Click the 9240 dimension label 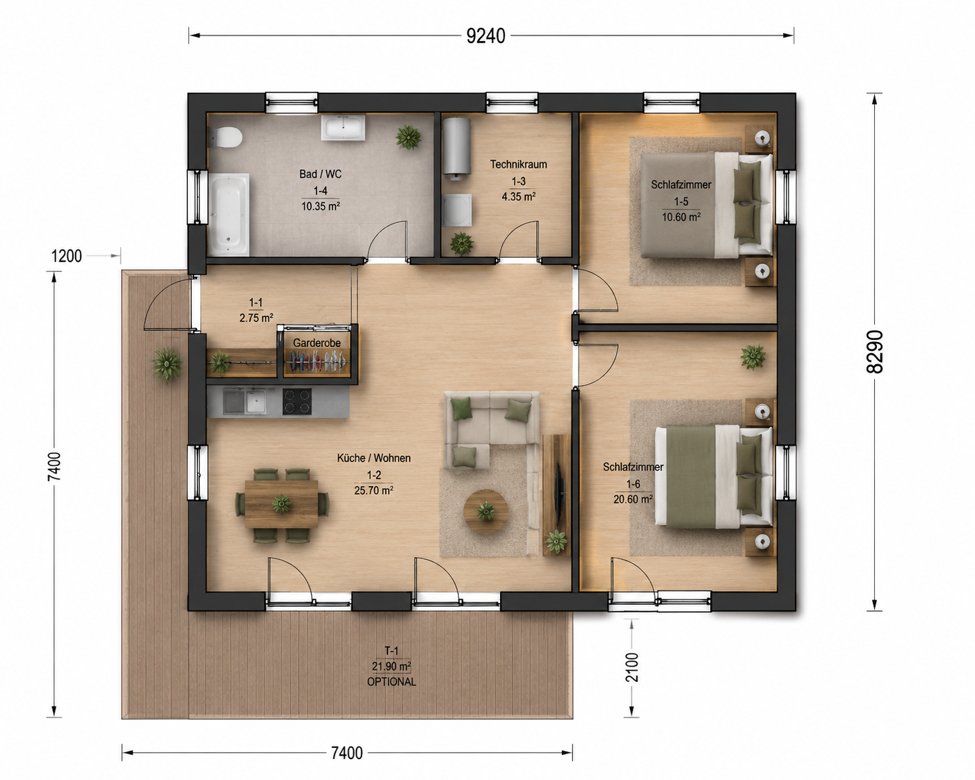[485, 36]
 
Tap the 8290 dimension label [875, 352]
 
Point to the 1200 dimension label [67, 257]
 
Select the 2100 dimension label [631, 667]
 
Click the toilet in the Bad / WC [225, 137]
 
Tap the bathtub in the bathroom [229, 214]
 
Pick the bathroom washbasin [343, 127]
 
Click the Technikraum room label [518, 165]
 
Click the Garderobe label [316, 343]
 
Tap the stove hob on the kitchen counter [297, 401]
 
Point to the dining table [282, 504]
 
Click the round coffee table [485, 512]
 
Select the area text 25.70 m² [373, 491]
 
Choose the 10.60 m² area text [681, 217]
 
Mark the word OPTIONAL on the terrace [392, 682]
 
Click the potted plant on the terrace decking [167, 364]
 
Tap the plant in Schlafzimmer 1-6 [753, 357]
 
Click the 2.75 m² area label [256, 318]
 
